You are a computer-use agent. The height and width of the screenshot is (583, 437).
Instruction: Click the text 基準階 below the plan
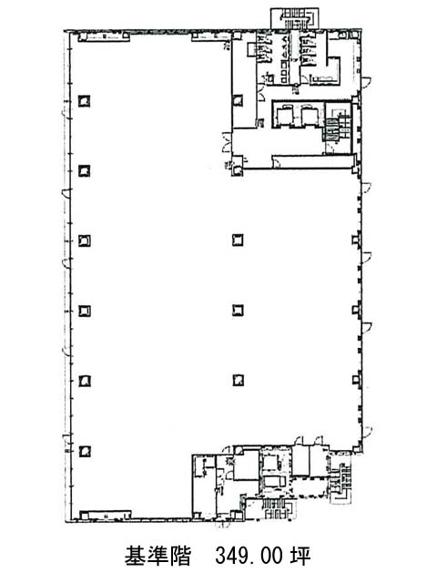click(x=158, y=556)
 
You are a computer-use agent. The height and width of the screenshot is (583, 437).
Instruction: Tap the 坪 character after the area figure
click(x=300, y=556)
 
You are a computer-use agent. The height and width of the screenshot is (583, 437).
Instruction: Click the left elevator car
click(x=284, y=116)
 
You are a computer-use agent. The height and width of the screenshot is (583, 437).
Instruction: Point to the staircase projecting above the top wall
click(x=294, y=18)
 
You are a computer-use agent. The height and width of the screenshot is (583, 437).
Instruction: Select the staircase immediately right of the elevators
click(x=338, y=126)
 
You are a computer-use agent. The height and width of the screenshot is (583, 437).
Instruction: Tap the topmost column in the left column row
click(x=85, y=101)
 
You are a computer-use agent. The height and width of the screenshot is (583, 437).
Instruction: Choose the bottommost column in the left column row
click(x=85, y=451)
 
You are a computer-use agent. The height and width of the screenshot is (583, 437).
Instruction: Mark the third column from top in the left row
click(x=85, y=240)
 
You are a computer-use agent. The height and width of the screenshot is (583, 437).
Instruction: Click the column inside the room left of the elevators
click(x=238, y=100)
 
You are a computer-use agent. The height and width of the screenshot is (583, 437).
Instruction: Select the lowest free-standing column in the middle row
click(x=239, y=380)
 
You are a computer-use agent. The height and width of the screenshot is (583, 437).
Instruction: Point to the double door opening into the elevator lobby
click(x=227, y=142)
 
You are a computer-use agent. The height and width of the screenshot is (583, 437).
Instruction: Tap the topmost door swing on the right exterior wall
click(x=366, y=81)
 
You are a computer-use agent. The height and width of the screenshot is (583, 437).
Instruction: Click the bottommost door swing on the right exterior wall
click(x=366, y=431)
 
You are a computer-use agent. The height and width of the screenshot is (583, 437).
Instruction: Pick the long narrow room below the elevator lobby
click(x=313, y=162)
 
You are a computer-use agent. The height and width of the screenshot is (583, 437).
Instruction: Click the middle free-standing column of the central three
click(x=238, y=310)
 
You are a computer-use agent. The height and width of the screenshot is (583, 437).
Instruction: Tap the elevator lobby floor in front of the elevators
click(x=278, y=141)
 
